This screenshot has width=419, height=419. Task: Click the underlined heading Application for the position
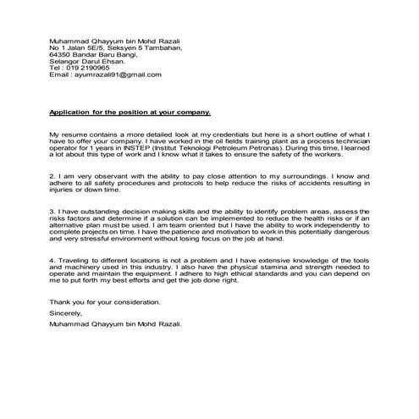[130, 113]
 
